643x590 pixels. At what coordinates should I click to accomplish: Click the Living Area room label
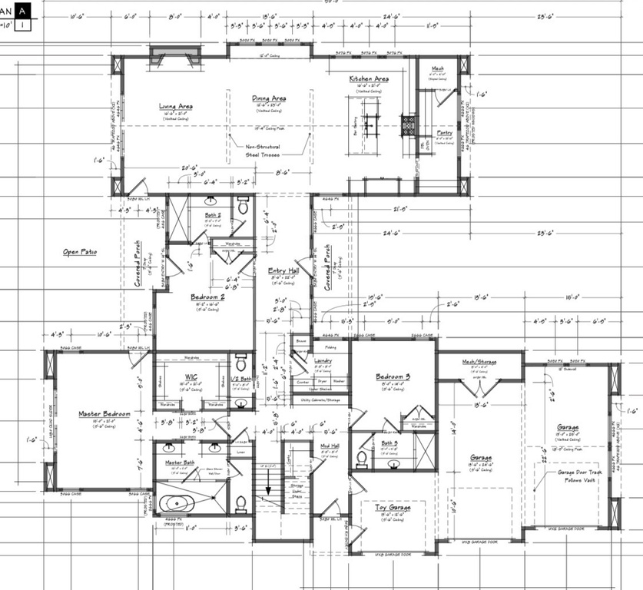pyautogui.click(x=176, y=107)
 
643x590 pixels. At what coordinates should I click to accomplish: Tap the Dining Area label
pyautogui.click(x=269, y=98)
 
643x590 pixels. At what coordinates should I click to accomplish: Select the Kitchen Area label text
pyautogui.click(x=369, y=79)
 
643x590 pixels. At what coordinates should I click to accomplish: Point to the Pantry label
pyautogui.click(x=445, y=132)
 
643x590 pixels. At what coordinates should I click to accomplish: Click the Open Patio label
pyautogui.click(x=81, y=251)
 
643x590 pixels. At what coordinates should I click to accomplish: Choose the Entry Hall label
pyautogui.click(x=283, y=270)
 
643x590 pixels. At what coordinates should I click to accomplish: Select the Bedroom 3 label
pyautogui.click(x=393, y=376)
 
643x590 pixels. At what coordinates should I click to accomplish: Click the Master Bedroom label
pyautogui.click(x=104, y=414)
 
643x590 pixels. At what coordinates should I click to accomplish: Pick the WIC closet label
pyautogui.click(x=192, y=376)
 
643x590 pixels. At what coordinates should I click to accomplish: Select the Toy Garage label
pyautogui.click(x=392, y=508)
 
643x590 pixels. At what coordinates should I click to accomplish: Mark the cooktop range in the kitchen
pyautogui.click(x=409, y=125)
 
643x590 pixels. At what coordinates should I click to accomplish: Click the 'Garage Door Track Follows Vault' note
pyautogui.click(x=580, y=476)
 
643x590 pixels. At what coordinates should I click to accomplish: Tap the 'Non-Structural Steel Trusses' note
pyautogui.click(x=263, y=151)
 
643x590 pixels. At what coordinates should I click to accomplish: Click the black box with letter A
pyautogui.click(x=25, y=11)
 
